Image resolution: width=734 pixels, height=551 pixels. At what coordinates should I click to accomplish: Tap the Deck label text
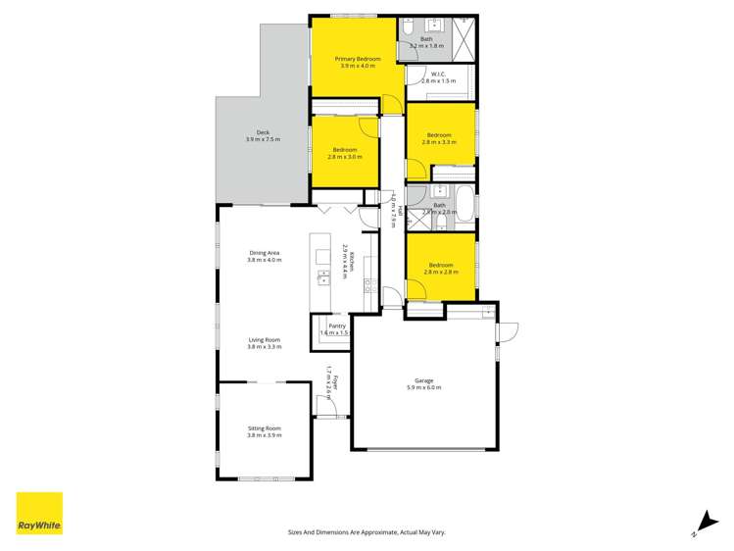263,132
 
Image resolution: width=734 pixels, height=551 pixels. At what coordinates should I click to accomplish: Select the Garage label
423,380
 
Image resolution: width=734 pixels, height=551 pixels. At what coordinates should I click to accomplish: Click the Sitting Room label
264,428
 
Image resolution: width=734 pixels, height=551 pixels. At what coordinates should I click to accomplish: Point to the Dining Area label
264,253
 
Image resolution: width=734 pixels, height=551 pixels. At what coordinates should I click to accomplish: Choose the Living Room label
264,340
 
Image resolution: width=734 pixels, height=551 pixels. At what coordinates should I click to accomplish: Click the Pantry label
337,326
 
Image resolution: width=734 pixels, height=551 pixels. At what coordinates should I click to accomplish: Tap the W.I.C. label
439,75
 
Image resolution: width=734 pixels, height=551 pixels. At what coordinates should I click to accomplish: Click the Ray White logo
39,514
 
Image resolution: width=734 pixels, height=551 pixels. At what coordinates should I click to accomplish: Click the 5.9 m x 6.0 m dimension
423,387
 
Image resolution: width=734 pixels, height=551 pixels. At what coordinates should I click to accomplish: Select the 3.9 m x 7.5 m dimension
263,139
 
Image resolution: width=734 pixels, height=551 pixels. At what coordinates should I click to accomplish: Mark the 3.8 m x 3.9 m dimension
264,435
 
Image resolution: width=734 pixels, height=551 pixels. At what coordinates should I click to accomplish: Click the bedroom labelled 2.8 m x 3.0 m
344,153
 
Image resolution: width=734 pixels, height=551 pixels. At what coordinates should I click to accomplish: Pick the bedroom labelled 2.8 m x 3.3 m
438,138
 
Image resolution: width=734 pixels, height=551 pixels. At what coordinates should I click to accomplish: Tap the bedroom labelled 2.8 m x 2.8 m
439,269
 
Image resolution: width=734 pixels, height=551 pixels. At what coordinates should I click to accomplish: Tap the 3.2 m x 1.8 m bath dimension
426,46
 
